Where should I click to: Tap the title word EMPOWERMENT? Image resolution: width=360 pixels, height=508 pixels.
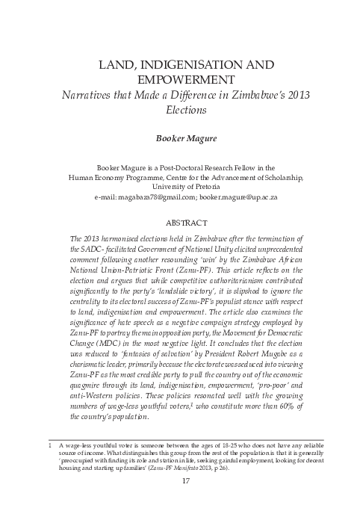(x=180, y=79)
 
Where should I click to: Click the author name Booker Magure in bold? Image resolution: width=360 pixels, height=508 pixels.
(x=180, y=138)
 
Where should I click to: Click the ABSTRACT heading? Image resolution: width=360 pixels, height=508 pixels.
(x=179, y=222)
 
